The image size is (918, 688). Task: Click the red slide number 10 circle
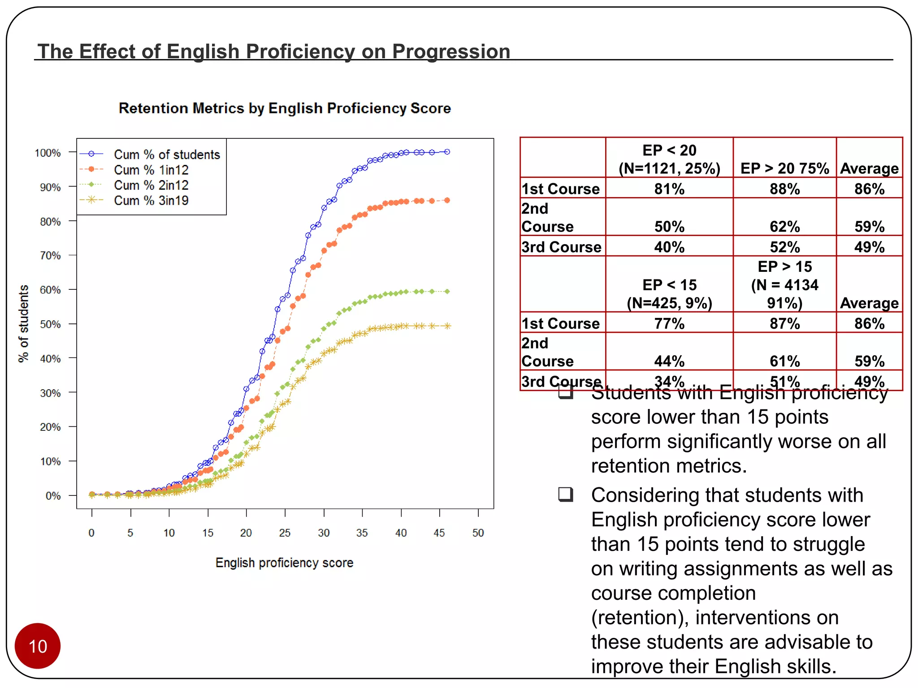click(38, 646)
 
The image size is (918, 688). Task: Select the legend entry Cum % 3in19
click(151, 201)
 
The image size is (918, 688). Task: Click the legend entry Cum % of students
click(167, 155)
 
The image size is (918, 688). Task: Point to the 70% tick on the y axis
click(50, 256)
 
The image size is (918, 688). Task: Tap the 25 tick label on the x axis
click(285, 533)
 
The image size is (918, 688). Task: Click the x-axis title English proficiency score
click(284, 563)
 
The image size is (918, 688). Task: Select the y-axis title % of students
click(23, 323)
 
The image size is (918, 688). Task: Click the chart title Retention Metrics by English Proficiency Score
click(285, 108)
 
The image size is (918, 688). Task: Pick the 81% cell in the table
click(669, 189)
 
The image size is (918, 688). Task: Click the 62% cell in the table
click(784, 227)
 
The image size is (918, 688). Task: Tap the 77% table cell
click(669, 323)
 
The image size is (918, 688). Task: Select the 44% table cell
click(669, 361)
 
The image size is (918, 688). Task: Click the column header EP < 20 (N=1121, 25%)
click(669, 159)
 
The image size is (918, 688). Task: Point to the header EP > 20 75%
click(784, 168)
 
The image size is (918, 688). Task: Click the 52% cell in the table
click(784, 247)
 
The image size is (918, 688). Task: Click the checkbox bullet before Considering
click(566, 494)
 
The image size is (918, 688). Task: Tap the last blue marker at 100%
click(447, 152)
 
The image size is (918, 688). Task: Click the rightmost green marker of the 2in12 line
click(447, 292)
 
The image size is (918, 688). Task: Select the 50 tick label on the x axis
click(478, 533)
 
